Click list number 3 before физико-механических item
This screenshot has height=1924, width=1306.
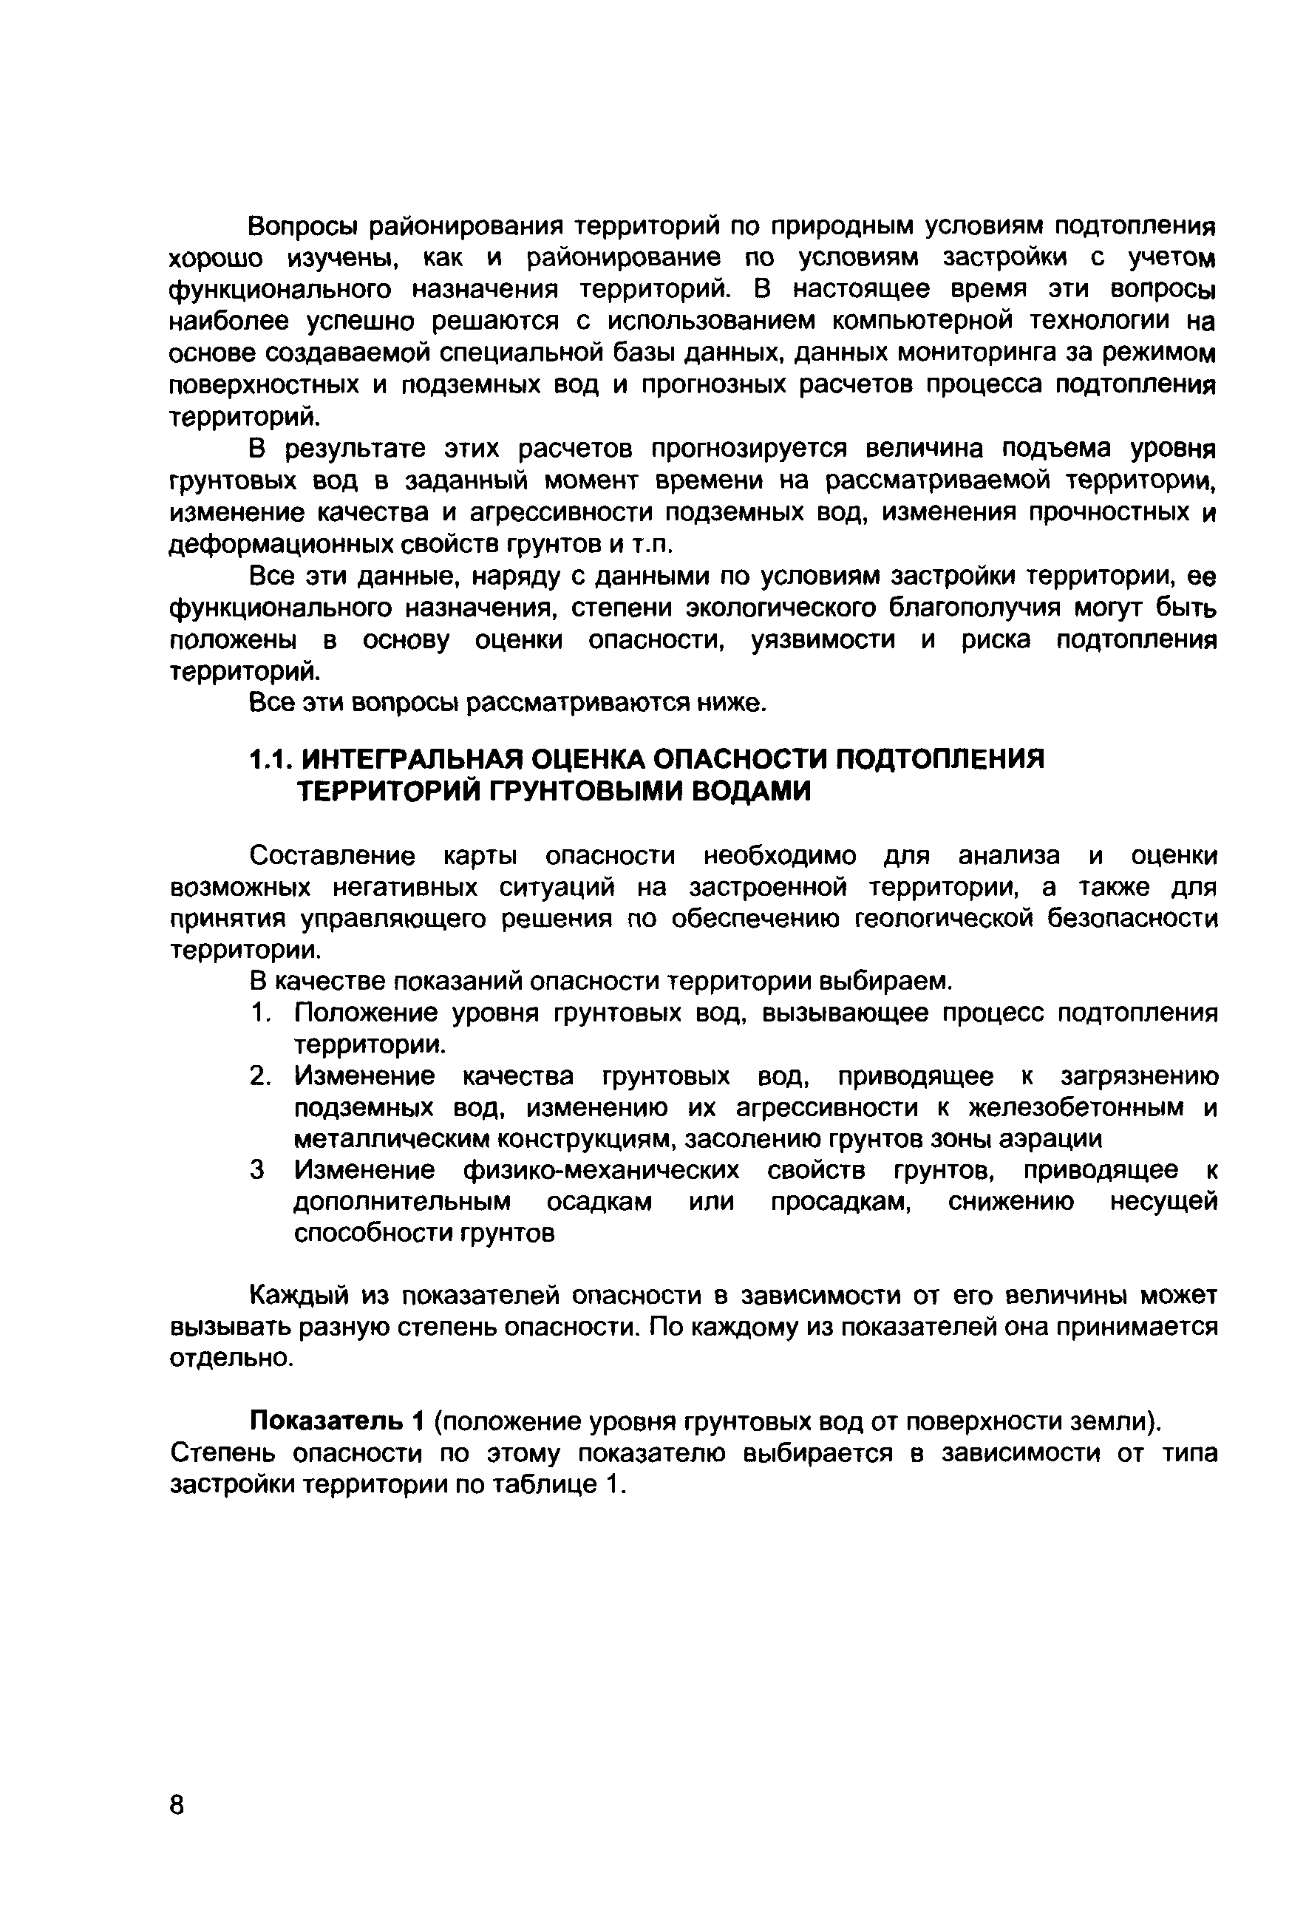(258, 1171)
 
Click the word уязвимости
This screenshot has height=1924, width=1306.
(822, 641)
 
